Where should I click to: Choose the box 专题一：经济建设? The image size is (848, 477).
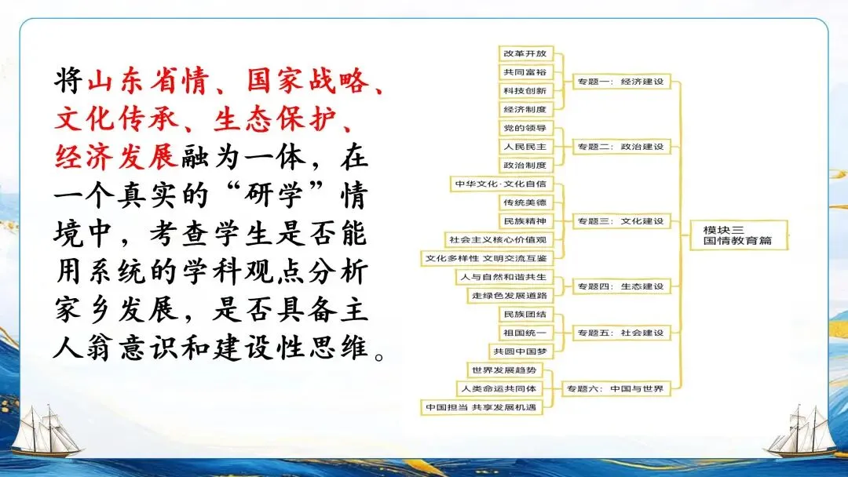[620, 82]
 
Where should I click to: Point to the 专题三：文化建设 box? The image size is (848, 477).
[620, 221]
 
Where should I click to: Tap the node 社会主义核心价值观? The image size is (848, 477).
[496, 239]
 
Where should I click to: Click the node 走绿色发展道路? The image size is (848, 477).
[509, 296]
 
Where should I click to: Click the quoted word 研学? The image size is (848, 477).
[264, 196]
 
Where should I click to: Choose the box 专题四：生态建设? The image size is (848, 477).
[620, 286]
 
